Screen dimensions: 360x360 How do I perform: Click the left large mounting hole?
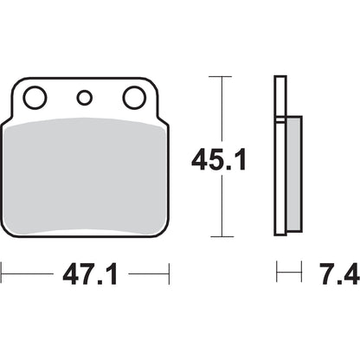point(35,98)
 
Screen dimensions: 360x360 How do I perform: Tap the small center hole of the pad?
point(84,98)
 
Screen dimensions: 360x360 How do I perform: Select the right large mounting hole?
point(134,98)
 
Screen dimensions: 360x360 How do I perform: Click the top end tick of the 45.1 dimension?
point(222,77)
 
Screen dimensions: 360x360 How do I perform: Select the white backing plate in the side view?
point(280,156)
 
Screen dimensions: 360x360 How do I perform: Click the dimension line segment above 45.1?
point(222,108)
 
